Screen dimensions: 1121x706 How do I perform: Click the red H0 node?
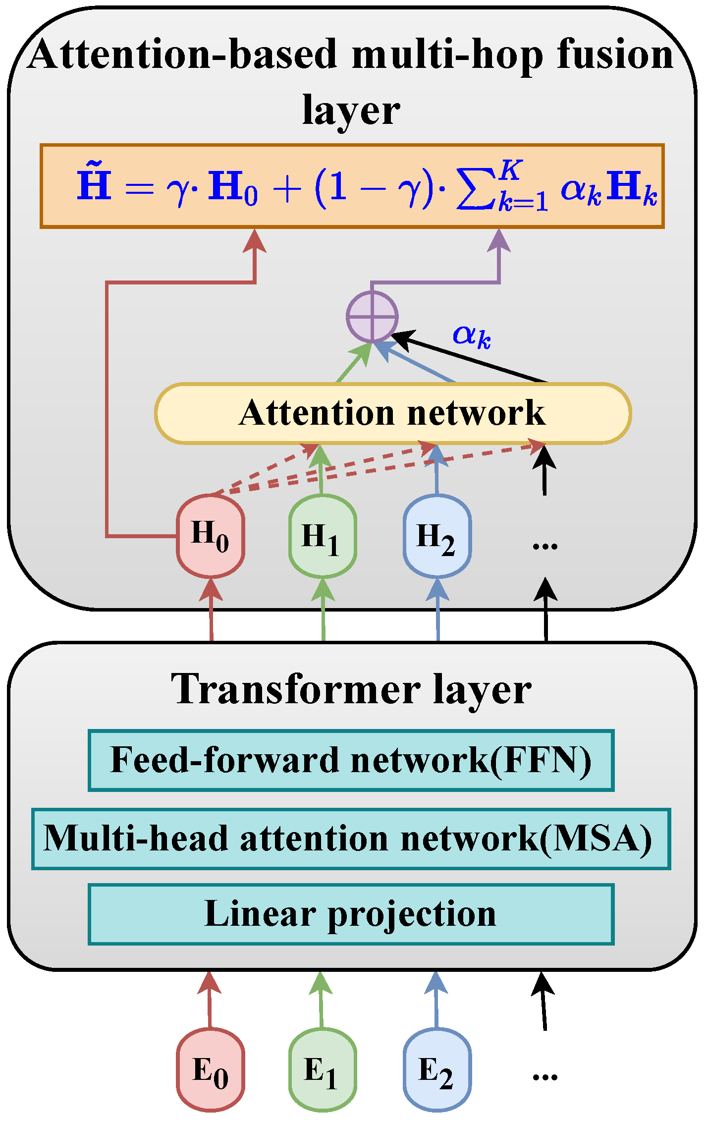click(x=211, y=536)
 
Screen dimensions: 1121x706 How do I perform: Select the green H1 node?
click(x=323, y=536)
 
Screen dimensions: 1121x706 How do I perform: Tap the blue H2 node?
click(x=437, y=536)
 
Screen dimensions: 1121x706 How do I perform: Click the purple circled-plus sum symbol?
click(x=372, y=317)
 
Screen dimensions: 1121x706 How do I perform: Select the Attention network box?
click(x=393, y=413)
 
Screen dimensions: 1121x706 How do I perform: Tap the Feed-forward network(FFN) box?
click(x=351, y=760)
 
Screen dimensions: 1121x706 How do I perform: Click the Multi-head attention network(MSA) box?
click(x=351, y=839)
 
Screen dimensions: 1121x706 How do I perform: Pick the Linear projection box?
click(x=351, y=914)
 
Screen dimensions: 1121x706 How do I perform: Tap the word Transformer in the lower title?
click(x=295, y=690)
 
